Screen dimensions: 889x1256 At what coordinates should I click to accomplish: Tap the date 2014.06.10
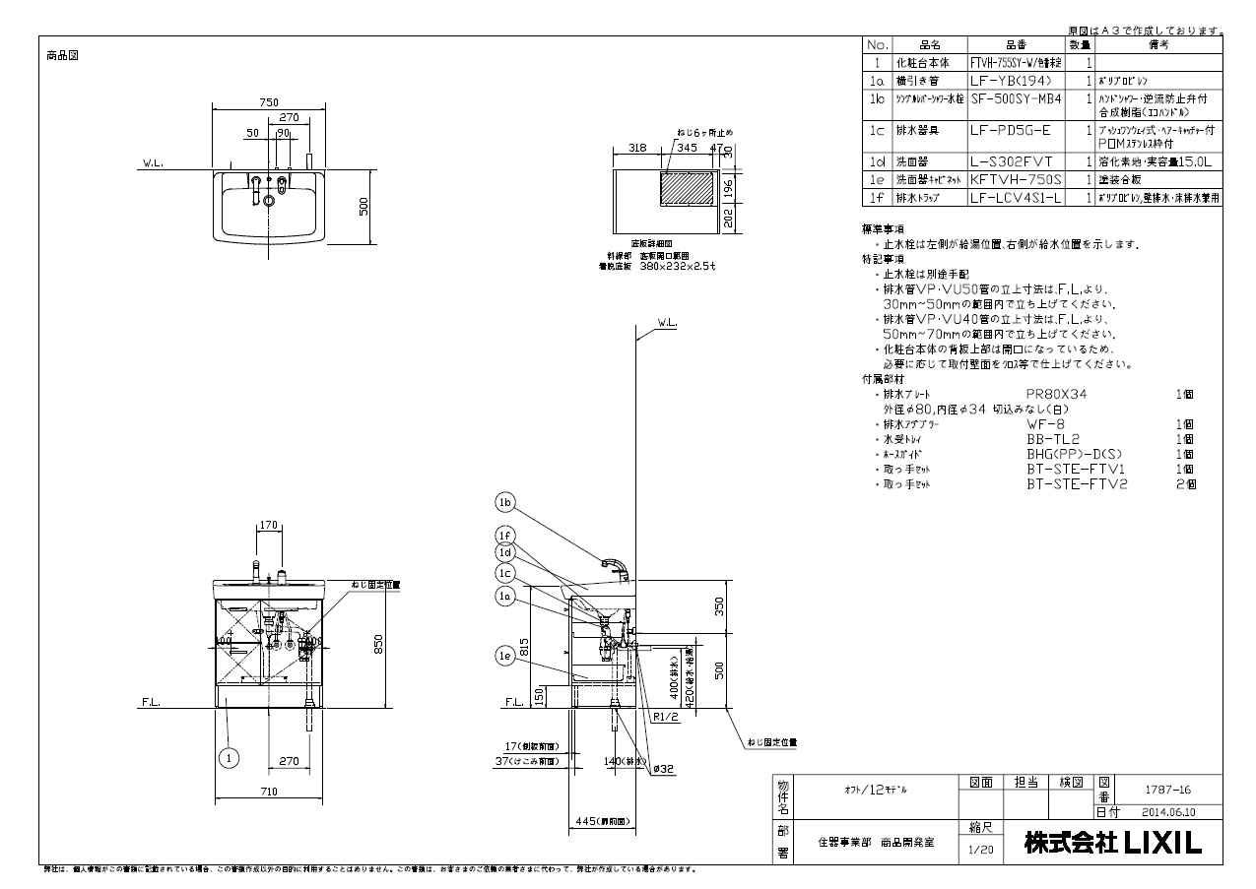tap(1169, 812)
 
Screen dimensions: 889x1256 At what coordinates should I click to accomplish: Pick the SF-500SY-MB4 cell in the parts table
tap(1016, 98)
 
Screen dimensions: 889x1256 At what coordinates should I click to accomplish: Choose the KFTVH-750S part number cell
tap(1016, 180)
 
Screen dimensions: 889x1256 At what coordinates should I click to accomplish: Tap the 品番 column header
tap(1016, 45)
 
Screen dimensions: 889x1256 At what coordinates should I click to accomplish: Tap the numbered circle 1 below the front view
tap(229, 758)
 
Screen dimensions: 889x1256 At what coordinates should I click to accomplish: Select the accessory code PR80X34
tap(1056, 394)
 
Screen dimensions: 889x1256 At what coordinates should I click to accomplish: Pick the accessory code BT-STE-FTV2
tap(1077, 484)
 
